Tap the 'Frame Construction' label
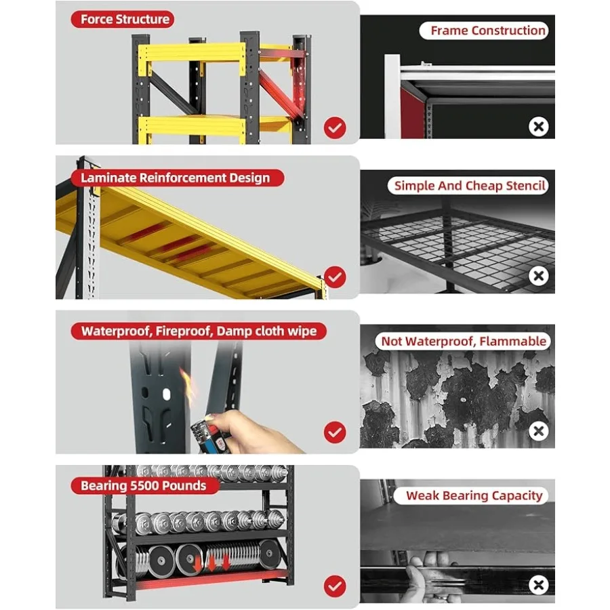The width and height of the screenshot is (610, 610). click(x=488, y=30)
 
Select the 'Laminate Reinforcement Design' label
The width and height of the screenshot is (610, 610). click(x=175, y=178)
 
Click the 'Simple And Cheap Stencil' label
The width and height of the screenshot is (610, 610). click(x=470, y=186)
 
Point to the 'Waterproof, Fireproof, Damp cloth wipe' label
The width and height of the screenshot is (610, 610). click(x=199, y=331)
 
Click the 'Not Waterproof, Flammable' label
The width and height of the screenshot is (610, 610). click(x=464, y=341)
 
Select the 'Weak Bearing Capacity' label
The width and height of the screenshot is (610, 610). click(x=474, y=495)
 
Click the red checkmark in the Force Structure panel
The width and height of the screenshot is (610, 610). click(x=335, y=127)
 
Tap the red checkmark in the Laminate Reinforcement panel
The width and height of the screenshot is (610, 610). click(x=335, y=277)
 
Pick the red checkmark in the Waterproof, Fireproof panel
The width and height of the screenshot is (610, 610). click(x=335, y=432)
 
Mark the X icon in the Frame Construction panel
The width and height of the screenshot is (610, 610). click(x=538, y=127)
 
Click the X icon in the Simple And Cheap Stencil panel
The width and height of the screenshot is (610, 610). click(x=538, y=276)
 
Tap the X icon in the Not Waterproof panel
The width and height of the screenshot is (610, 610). click(x=538, y=431)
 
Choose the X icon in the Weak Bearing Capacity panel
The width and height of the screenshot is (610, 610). click(x=538, y=585)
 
